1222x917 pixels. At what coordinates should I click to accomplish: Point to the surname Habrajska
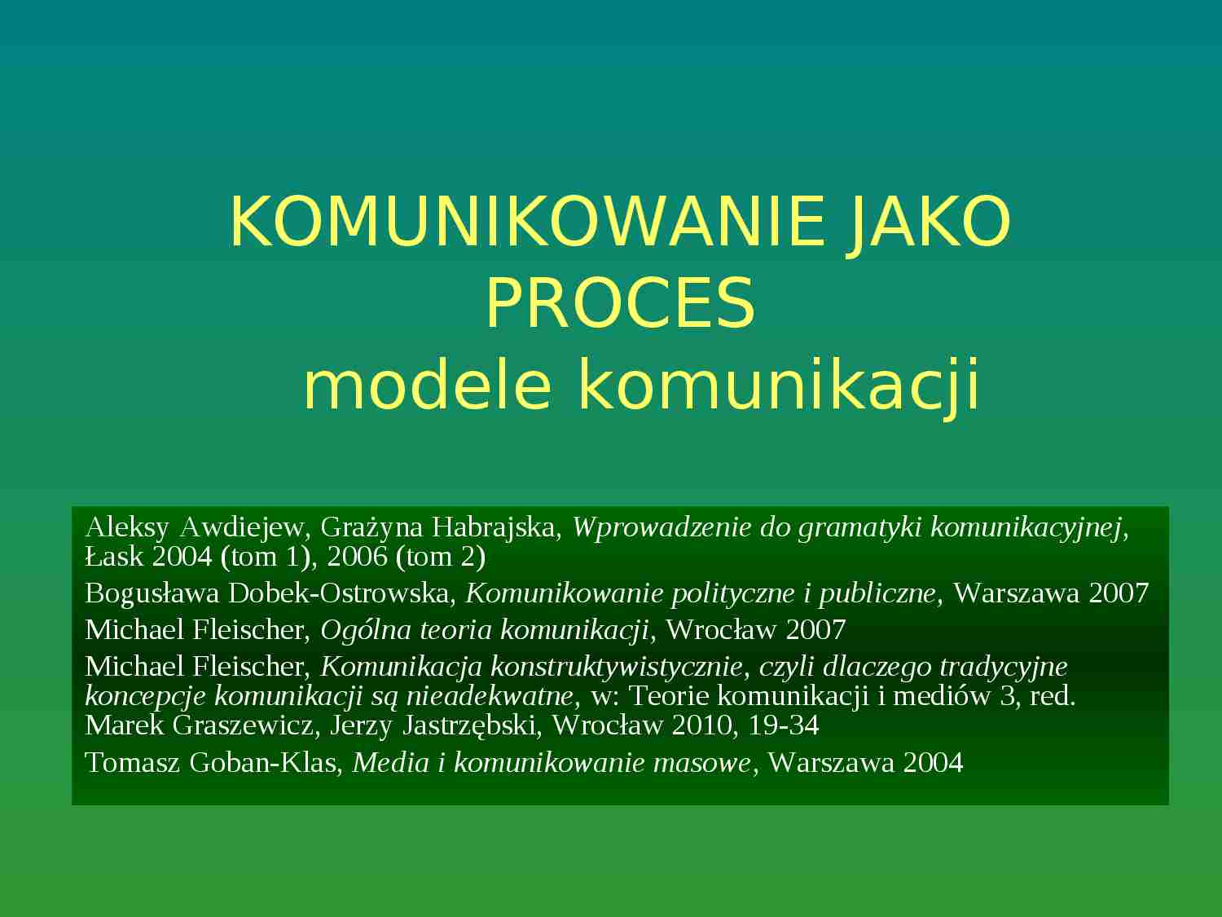point(495,527)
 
